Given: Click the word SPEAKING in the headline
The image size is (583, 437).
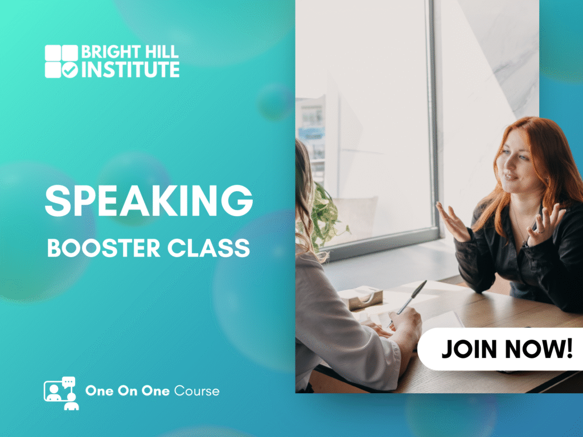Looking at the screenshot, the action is [x=149, y=201].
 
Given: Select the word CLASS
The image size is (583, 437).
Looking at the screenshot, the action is [x=208, y=248].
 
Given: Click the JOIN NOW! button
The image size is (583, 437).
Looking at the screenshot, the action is [x=500, y=349].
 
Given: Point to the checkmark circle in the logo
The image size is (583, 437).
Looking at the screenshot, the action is [x=69, y=69].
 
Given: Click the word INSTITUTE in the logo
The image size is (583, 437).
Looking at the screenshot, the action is [x=130, y=69].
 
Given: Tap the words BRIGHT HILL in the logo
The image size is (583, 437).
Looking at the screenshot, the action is [x=130, y=52].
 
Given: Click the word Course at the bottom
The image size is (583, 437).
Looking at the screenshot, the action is [x=196, y=391].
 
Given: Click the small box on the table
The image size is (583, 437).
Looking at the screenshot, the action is [x=360, y=297].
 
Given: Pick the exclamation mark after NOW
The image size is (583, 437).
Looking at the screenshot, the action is [x=569, y=348].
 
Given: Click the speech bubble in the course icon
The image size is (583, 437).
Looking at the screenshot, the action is [x=68, y=382].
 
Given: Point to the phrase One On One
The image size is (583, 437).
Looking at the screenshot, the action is [x=128, y=391].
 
